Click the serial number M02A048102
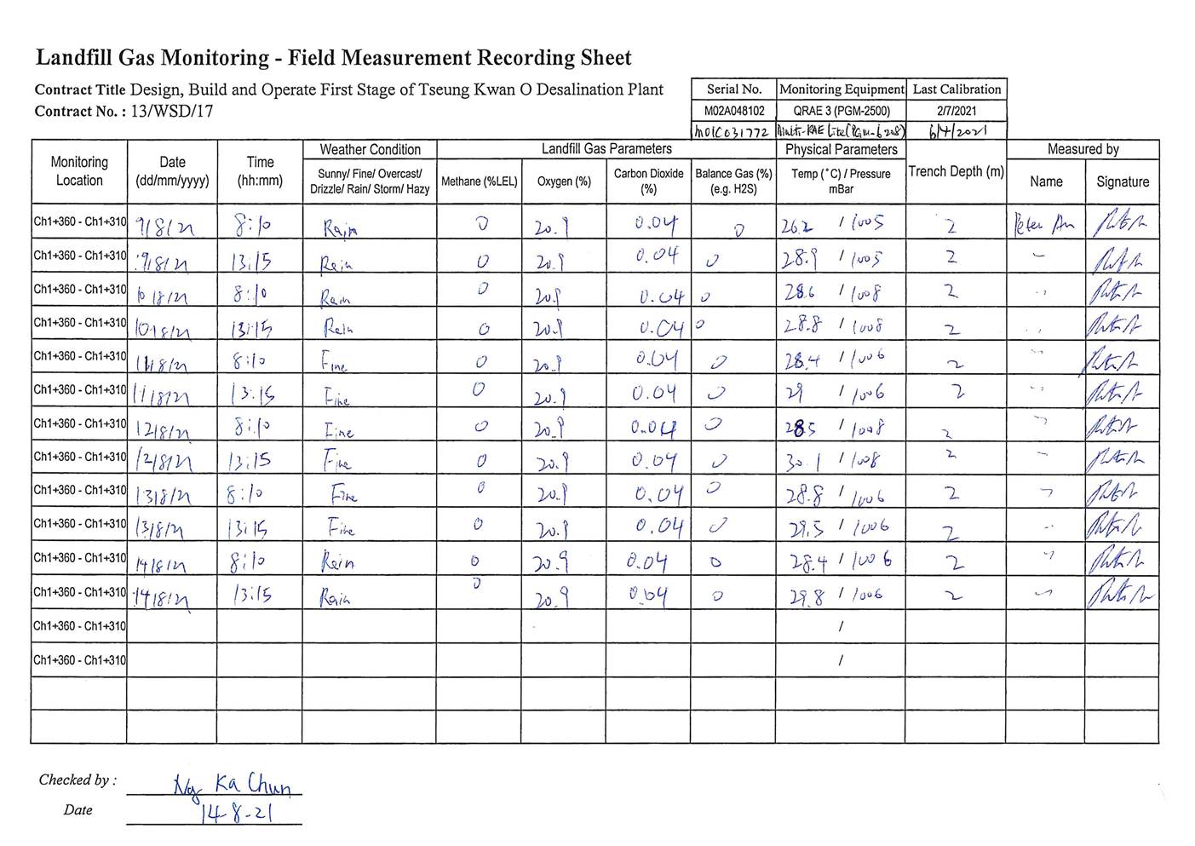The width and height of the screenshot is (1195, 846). (733, 111)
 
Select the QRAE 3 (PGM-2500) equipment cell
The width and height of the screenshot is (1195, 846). (841, 111)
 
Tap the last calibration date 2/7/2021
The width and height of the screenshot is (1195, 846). (956, 111)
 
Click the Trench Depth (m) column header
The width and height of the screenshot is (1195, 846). (956, 171)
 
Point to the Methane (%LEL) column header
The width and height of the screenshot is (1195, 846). (479, 181)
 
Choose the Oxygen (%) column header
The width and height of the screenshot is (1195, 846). (563, 181)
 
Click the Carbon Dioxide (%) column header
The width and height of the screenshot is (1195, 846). (648, 181)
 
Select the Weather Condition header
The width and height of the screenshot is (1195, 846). (370, 150)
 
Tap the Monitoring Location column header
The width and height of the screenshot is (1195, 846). (79, 171)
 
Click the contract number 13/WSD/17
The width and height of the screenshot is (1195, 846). (172, 112)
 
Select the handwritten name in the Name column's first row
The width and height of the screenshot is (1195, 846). (1043, 226)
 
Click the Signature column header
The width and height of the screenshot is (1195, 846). (1122, 181)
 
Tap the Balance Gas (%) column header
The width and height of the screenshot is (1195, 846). (733, 181)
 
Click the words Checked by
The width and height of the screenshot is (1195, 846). (77, 780)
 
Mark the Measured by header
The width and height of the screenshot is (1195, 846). (1083, 150)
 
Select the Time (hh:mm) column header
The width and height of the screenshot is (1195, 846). (260, 171)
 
